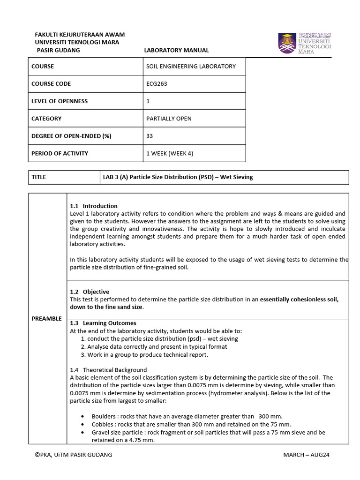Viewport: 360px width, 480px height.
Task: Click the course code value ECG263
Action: tap(157, 84)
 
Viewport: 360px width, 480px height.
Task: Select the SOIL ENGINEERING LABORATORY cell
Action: tap(191, 67)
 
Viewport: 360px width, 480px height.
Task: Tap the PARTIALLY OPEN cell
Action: tap(169, 119)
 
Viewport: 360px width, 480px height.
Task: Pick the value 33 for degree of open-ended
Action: tap(150, 136)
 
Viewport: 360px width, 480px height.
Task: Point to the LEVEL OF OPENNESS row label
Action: tap(60, 101)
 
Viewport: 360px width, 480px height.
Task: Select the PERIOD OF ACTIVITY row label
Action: tap(60, 153)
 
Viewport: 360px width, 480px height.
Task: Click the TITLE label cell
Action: tap(38, 177)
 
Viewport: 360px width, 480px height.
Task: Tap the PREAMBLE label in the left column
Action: tap(47, 319)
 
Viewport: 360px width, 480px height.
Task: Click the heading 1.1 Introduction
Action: tap(94, 206)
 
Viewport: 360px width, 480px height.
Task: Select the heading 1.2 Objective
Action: tap(90, 292)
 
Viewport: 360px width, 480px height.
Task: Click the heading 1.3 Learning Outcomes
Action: tap(103, 323)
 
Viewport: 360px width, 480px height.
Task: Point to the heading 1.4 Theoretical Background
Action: tap(108, 370)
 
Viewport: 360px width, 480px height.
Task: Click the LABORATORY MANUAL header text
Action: tap(176, 50)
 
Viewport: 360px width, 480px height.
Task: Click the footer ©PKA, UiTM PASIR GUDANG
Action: tap(74, 455)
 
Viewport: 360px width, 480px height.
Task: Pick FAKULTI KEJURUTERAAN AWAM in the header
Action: tap(80, 35)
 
